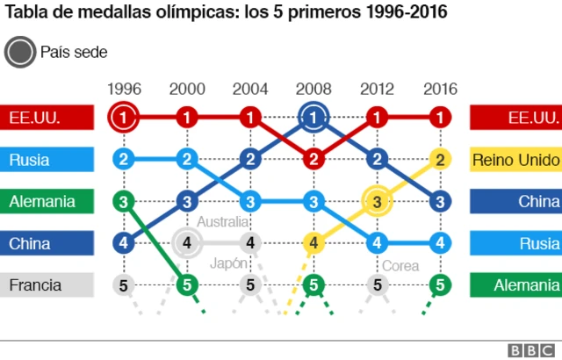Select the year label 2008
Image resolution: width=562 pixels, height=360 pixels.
(x=313, y=89)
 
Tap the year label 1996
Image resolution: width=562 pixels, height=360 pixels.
(x=124, y=89)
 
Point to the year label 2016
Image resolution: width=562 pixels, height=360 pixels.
(x=440, y=89)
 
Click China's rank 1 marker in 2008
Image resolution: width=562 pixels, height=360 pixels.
(x=313, y=117)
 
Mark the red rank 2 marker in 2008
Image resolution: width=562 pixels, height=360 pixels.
(x=313, y=159)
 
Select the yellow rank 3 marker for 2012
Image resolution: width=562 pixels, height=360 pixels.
(x=377, y=201)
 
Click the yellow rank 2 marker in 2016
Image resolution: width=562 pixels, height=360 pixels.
(x=440, y=159)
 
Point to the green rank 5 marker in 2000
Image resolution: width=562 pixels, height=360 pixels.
(x=187, y=284)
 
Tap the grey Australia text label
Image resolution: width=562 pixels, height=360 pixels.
(x=222, y=221)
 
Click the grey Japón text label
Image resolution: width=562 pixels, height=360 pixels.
(x=227, y=263)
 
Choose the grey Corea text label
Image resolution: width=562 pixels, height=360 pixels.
(x=400, y=265)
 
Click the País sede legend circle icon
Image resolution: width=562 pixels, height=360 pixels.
(x=18, y=53)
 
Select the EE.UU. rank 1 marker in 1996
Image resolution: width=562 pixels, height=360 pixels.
(x=124, y=117)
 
